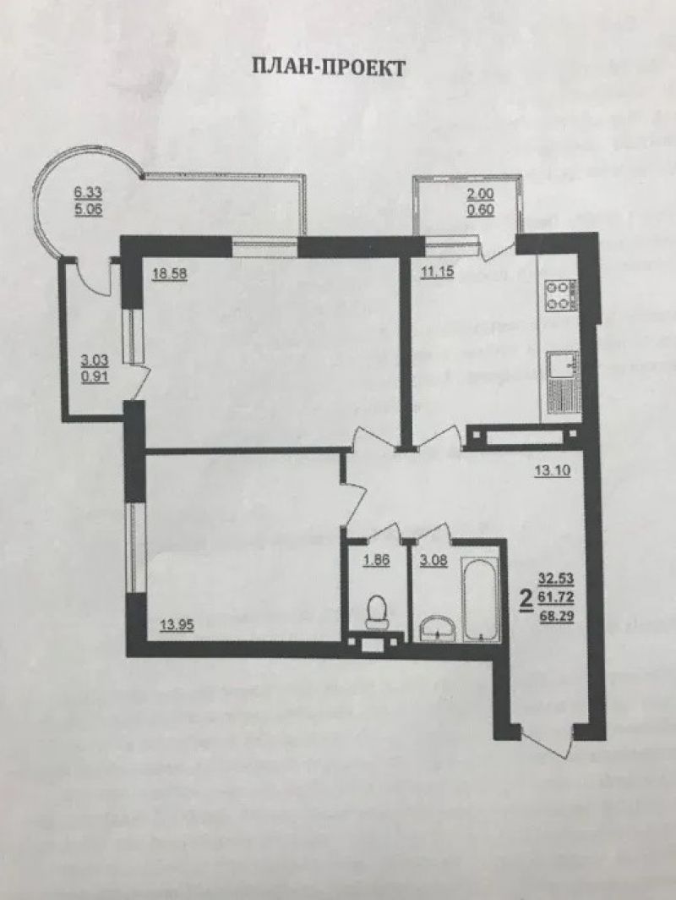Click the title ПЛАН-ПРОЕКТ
[329, 68]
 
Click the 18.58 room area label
[169, 274]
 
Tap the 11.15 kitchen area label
[438, 272]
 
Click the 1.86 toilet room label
[377, 560]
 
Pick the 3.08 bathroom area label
[433, 560]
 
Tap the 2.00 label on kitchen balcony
[481, 195]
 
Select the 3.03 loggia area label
[95, 362]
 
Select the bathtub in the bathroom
[481, 601]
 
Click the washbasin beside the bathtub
[438, 628]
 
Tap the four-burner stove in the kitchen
[560, 296]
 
